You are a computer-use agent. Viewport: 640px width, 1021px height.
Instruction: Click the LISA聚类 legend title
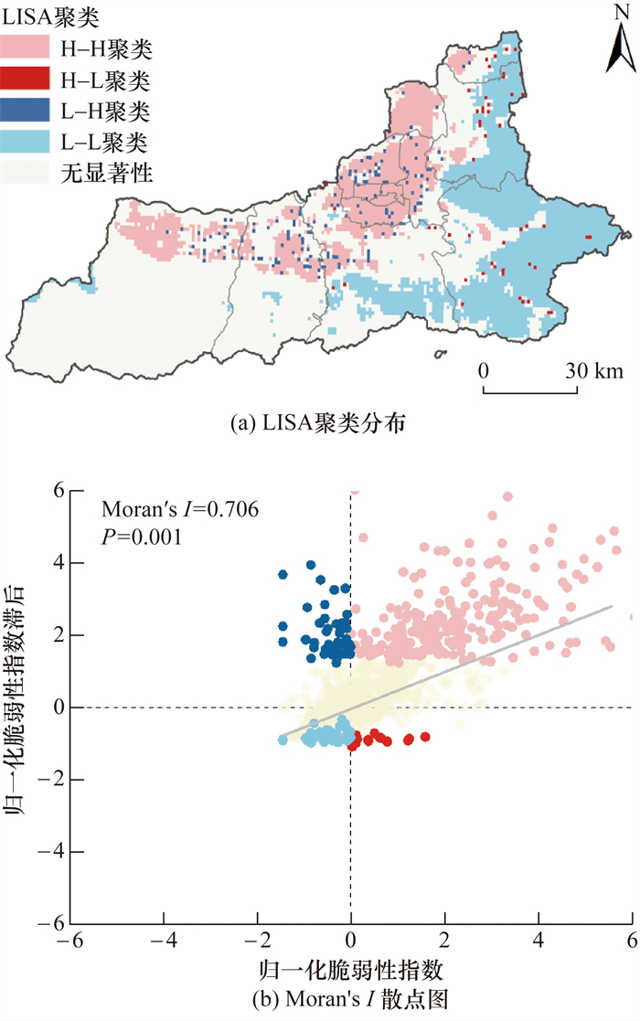[x=50, y=16]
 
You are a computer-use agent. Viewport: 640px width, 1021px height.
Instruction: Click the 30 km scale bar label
[x=593, y=371]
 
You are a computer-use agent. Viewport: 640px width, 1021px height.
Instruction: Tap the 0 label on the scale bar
[x=484, y=371]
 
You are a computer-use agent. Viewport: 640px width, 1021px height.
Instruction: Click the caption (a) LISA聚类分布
[x=319, y=422]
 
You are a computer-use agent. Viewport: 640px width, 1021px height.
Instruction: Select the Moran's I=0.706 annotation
[x=180, y=509]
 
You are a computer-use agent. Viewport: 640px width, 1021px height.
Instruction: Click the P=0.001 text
[x=141, y=537]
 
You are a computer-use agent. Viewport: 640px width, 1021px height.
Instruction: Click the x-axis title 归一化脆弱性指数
[x=351, y=969]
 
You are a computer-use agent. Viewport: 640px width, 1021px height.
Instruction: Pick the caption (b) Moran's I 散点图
[x=351, y=999]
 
